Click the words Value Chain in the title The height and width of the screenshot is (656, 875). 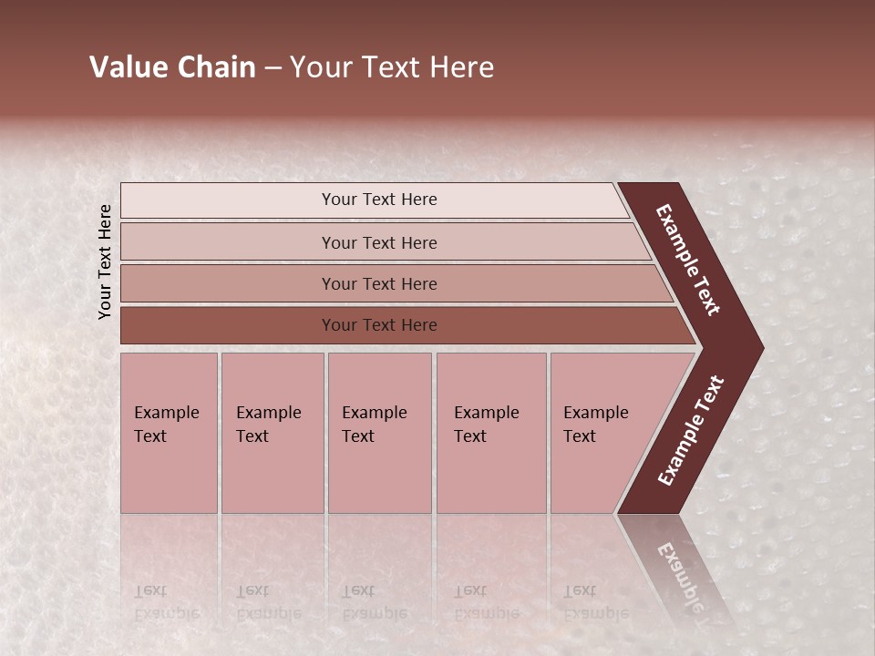[172, 67]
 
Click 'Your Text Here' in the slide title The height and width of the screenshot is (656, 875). [392, 67]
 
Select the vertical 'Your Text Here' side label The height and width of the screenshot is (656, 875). [105, 261]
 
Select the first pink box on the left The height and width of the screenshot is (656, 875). [169, 474]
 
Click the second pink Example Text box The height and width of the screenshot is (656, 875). [273, 474]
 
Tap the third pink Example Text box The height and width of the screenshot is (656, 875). [379, 474]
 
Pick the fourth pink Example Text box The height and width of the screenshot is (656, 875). [491, 474]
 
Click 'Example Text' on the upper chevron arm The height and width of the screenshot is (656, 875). [688, 260]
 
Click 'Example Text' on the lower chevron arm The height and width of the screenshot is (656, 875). [691, 430]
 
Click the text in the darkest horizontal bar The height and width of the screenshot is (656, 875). [379, 325]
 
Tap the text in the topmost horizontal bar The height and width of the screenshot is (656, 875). [379, 200]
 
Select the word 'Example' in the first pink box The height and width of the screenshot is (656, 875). [166, 413]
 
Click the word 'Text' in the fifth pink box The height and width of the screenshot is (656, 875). [579, 436]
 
